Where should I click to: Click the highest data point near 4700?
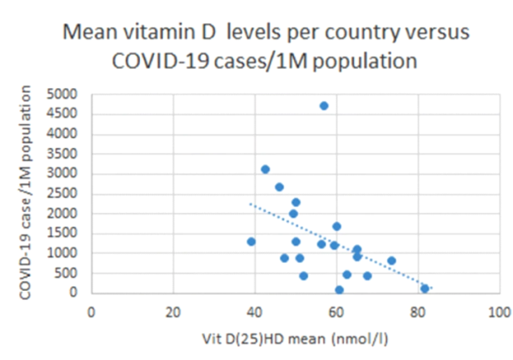tap(324, 106)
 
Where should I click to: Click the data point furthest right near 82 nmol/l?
tap(425, 288)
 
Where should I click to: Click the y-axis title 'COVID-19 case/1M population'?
tap(27, 194)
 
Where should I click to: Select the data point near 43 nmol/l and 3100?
tap(265, 169)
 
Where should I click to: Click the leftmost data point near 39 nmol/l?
tap(251, 241)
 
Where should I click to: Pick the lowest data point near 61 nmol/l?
tap(339, 289)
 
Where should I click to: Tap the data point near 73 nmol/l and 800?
tap(391, 260)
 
